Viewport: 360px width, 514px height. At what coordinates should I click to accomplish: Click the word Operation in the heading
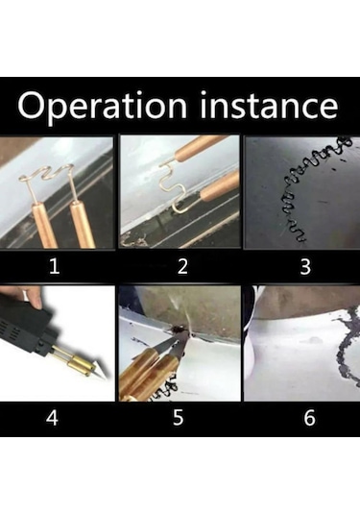[x=102, y=107]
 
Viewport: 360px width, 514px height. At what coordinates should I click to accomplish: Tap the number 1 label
[x=55, y=266]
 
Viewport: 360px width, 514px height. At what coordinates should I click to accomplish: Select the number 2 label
[x=182, y=266]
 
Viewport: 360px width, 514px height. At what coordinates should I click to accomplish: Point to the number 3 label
[x=305, y=266]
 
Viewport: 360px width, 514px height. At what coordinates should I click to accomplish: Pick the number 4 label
[x=52, y=418]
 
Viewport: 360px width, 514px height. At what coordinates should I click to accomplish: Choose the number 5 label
[x=179, y=418]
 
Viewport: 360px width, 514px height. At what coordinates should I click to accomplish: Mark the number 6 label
[x=309, y=418]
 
